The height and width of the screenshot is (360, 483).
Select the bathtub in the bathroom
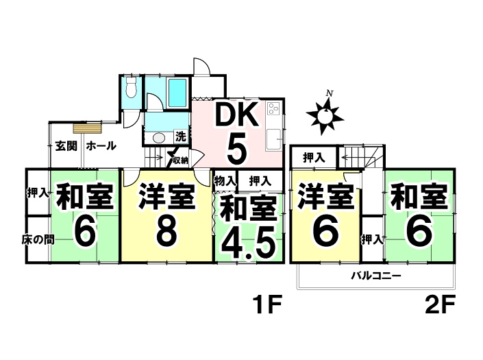(x=177, y=93)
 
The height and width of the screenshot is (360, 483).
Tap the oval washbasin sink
(x=159, y=137)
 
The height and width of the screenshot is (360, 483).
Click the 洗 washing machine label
(x=181, y=136)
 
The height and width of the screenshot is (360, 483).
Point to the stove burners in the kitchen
(x=273, y=108)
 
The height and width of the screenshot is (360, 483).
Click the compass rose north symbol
(x=325, y=115)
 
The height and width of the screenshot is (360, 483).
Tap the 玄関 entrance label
(x=66, y=146)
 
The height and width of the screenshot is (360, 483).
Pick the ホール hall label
(x=101, y=146)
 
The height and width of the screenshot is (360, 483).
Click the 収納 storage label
(x=180, y=160)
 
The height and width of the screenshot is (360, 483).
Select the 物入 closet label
(x=225, y=181)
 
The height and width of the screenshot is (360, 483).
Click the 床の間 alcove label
(x=38, y=239)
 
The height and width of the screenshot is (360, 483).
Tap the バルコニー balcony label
(x=376, y=275)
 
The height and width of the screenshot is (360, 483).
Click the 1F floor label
(x=267, y=304)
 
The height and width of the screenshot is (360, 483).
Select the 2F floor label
(x=440, y=304)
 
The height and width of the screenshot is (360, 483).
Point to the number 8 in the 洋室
(x=166, y=230)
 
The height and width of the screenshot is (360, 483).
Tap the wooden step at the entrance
(x=87, y=128)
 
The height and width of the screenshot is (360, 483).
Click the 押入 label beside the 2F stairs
(x=314, y=158)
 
